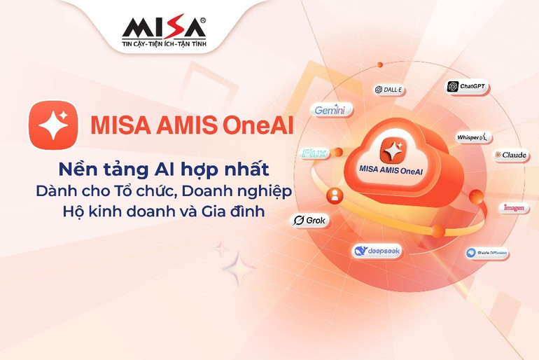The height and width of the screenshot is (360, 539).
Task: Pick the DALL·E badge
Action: [388, 90]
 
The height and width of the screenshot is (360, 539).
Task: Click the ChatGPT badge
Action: [466, 87]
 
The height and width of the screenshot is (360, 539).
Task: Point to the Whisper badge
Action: [475, 137]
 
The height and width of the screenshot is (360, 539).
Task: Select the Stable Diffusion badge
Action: [487, 254]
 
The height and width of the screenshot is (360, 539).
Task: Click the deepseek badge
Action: [377, 251]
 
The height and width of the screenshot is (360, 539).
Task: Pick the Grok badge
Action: [309, 220]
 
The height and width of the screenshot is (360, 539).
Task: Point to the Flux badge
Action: [313, 153]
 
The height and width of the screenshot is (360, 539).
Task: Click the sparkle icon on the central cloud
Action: [392, 148]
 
